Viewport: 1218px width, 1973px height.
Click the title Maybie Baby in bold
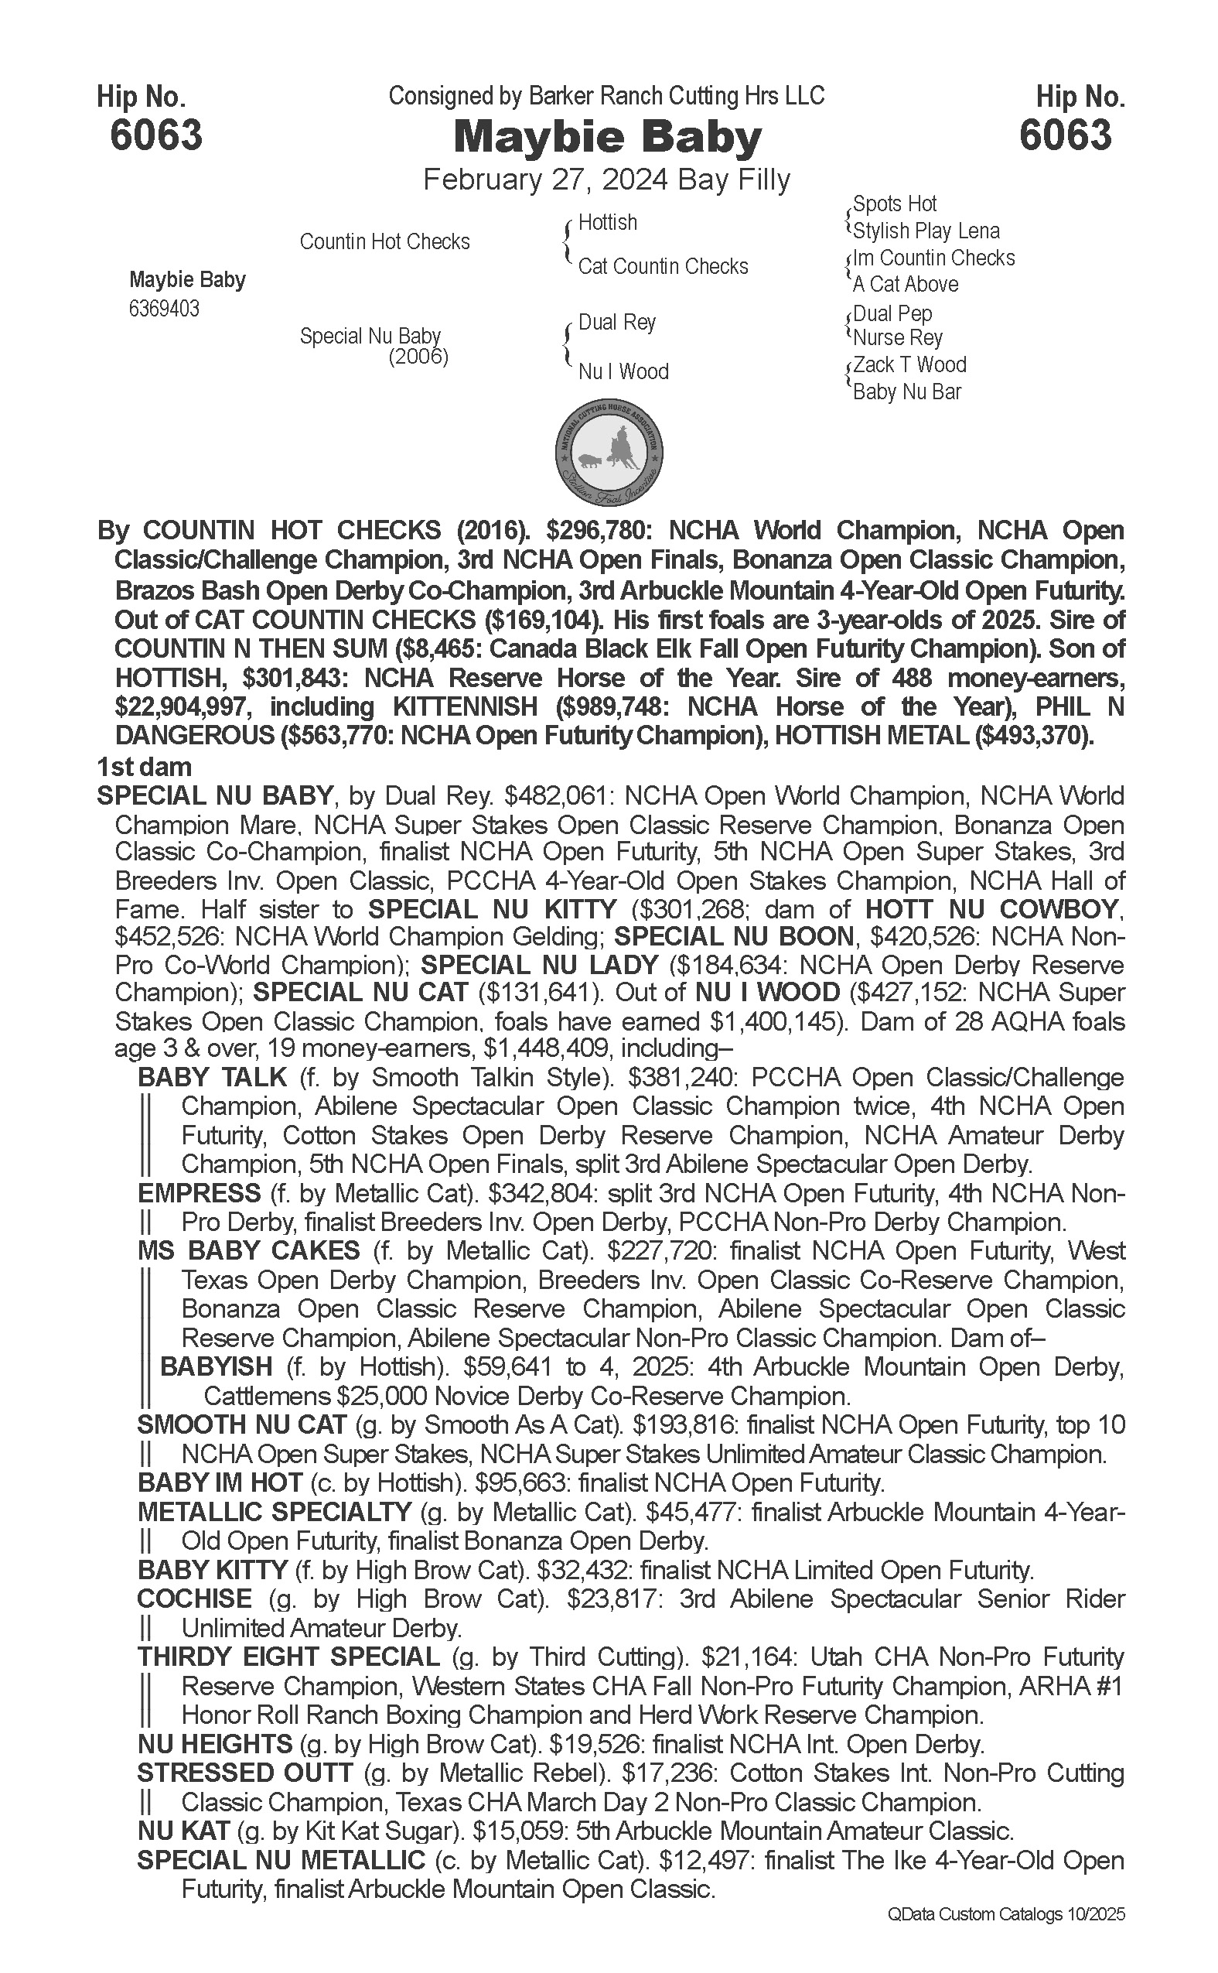tap(607, 137)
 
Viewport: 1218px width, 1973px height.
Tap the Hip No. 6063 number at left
tap(156, 135)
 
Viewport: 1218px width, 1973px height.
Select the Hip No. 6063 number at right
tap(1065, 135)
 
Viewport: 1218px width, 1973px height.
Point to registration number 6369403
tap(163, 309)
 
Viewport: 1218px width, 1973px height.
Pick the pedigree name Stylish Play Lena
tap(926, 231)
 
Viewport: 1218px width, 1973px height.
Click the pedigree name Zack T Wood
tap(909, 365)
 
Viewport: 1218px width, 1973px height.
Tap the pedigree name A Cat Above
tap(906, 285)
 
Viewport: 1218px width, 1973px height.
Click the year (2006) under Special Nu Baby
tap(418, 356)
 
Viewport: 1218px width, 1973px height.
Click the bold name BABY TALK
tap(213, 1077)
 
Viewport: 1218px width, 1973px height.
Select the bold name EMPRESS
tap(199, 1193)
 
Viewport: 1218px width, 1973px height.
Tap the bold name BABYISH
tap(217, 1367)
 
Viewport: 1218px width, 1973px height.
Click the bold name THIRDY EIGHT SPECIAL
tap(288, 1657)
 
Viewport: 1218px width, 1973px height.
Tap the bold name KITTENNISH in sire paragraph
tap(465, 707)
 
